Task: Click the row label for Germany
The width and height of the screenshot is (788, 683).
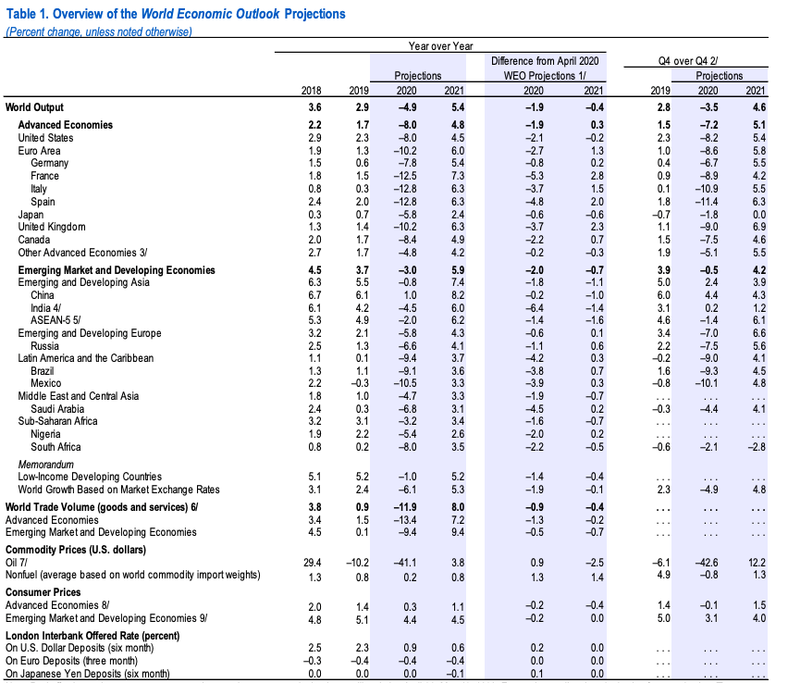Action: [x=49, y=163]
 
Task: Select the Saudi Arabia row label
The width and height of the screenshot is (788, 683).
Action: [x=57, y=409]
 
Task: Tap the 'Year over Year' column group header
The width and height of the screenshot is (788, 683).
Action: [x=440, y=46]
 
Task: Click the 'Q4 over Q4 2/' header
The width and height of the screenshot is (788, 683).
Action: [x=687, y=61]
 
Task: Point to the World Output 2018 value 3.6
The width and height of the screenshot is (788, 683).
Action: [x=314, y=107]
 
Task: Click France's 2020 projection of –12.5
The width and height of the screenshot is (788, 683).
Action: [x=405, y=176]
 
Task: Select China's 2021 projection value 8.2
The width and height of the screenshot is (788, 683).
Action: [x=457, y=295]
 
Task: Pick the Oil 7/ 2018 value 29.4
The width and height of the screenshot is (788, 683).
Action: [x=312, y=563]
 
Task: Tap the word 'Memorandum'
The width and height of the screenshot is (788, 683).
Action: [x=45, y=465]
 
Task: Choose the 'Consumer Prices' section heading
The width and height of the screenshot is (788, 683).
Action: [x=43, y=592]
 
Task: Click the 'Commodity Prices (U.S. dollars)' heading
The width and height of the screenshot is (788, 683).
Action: [x=76, y=550]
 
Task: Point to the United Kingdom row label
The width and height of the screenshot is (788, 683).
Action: [x=52, y=227]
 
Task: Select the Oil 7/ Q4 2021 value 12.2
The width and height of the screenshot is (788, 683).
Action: [x=757, y=563]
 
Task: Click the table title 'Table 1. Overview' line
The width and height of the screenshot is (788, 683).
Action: [x=176, y=14]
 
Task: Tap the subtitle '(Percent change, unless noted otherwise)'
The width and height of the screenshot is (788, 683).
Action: [x=98, y=31]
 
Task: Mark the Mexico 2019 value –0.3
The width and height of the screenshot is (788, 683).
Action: [x=359, y=383]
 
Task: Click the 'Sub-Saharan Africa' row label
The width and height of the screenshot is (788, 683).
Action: [x=57, y=421]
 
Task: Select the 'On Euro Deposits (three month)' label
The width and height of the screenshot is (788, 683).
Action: [x=71, y=661]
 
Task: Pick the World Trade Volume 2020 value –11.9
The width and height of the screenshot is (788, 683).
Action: [x=405, y=507]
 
